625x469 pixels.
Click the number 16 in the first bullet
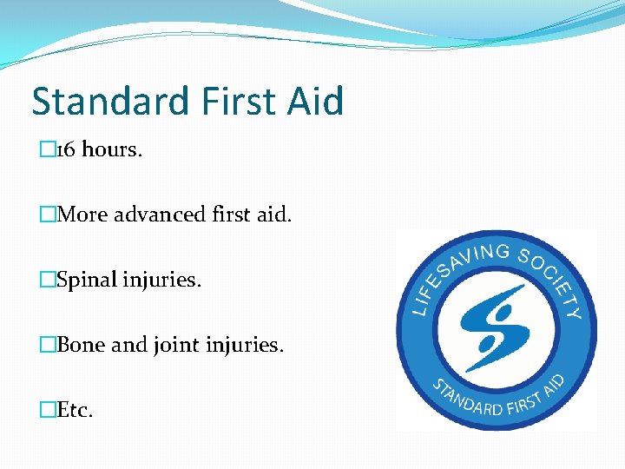pyautogui.click(x=66, y=149)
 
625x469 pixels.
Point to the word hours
pyautogui.click(x=112, y=149)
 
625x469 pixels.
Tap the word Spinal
pyautogui.click(x=87, y=280)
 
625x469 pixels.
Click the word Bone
pyautogui.click(x=81, y=345)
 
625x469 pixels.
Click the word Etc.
pyautogui.click(x=75, y=410)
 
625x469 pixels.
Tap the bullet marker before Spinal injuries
pyautogui.click(x=48, y=280)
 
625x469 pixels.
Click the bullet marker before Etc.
pyautogui.click(x=48, y=410)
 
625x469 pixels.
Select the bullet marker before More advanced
pyautogui.click(x=48, y=214)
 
